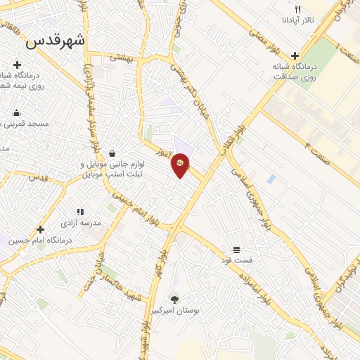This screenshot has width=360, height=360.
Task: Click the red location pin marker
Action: coord(181,165)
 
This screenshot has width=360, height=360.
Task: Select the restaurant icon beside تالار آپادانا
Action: coord(298,10)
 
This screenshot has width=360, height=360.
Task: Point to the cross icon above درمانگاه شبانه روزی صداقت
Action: coord(295,55)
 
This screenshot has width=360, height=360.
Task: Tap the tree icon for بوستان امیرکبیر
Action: coord(174,300)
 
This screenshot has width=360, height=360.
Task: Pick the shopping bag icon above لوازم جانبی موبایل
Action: coord(112,153)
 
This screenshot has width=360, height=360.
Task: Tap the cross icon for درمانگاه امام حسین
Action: coord(40,229)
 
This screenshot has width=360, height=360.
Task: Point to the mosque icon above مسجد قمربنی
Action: coord(16,112)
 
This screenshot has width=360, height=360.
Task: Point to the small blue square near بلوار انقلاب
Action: coord(271,179)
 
